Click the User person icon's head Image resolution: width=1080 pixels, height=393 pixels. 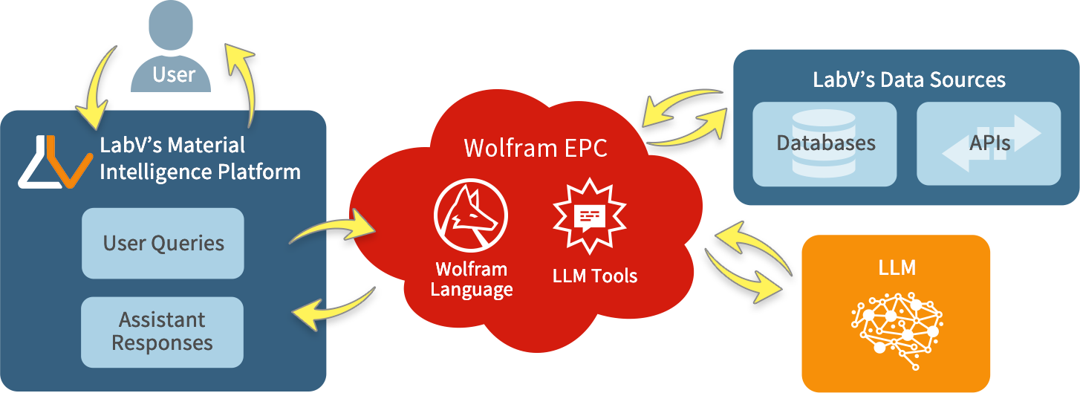click(x=174, y=26)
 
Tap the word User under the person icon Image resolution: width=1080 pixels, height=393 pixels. click(x=174, y=74)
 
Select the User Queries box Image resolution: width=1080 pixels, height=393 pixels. click(x=163, y=243)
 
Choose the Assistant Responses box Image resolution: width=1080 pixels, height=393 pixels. click(x=162, y=332)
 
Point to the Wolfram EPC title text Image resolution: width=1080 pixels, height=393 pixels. click(x=535, y=148)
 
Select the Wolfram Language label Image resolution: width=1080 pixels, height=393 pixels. click(x=472, y=279)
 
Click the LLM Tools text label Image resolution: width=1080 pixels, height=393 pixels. click(x=595, y=276)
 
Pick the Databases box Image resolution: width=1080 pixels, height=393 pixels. click(x=824, y=143)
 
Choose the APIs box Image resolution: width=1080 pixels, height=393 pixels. click(x=989, y=143)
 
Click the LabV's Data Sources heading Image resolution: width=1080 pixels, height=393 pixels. click(x=908, y=79)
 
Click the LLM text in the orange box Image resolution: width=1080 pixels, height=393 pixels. click(x=897, y=267)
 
